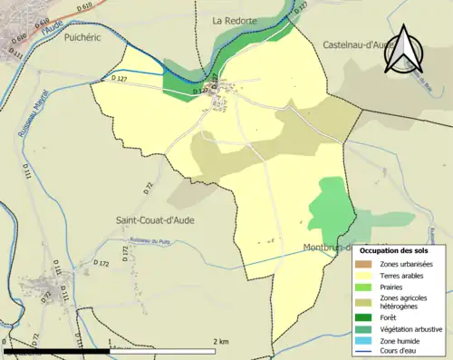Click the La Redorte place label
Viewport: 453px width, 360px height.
235,20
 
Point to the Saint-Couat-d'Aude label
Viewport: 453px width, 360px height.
155,219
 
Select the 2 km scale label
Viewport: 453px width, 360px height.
220,341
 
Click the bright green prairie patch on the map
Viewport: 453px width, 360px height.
329,204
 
